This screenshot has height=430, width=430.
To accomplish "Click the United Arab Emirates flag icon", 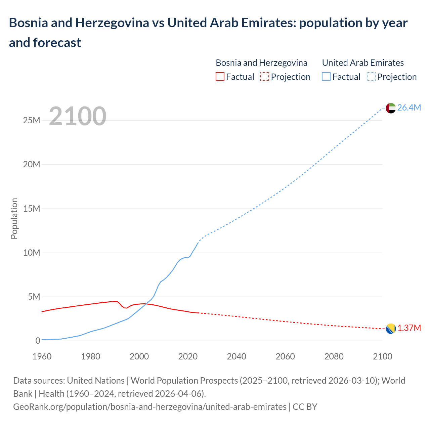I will coord(391,108).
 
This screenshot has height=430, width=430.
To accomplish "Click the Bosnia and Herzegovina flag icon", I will coord(391,329).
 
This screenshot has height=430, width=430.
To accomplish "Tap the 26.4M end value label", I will coord(409,107).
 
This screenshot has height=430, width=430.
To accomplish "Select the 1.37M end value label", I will coord(409,328).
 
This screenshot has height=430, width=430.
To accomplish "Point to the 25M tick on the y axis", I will coord(32,120).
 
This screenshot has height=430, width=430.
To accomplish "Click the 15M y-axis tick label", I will coord(32,209).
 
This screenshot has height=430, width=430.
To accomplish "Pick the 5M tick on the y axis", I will coord(34,297).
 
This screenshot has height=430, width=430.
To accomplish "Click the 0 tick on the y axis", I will coord(38,341).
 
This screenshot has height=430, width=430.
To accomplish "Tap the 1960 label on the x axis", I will coord(42,356).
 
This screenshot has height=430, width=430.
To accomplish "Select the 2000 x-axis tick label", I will coord(139,356).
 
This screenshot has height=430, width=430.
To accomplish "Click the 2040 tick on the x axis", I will coord(236,356).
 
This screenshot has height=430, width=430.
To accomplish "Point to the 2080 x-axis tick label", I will coord(334,356).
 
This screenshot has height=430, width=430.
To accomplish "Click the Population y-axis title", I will coord(14,218).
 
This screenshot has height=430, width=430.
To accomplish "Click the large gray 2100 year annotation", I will coord(78,116).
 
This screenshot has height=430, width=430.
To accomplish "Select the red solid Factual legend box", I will coord(220,77).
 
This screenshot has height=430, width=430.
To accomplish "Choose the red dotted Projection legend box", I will coord(265,77).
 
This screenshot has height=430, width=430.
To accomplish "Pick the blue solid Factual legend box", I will coord(326,77).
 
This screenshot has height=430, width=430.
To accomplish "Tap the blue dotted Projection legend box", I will coord(371,77).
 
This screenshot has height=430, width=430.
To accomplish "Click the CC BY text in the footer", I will coord(305,407).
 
